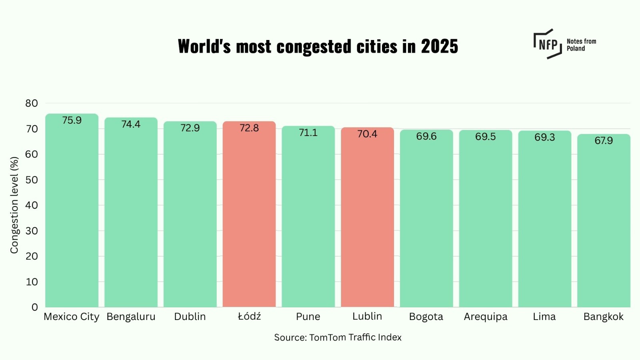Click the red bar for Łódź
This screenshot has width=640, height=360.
click(x=249, y=216)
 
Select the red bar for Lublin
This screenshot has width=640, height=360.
click(x=367, y=218)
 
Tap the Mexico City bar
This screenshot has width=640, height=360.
click(x=72, y=212)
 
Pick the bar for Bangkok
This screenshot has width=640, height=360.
click(x=604, y=222)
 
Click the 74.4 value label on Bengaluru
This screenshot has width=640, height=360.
click(x=131, y=124)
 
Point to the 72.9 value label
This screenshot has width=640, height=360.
click(x=190, y=128)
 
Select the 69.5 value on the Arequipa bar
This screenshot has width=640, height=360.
click(x=485, y=137)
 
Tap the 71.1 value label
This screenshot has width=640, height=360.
click(x=308, y=133)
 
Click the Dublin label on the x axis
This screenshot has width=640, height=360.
click(x=190, y=317)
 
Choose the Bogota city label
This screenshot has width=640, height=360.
click(x=426, y=317)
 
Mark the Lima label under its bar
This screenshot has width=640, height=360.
click(x=544, y=317)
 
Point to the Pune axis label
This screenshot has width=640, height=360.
click(x=308, y=317)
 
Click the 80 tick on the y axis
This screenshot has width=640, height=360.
click(x=32, y=103)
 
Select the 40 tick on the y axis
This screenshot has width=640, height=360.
click(x=32, y=205)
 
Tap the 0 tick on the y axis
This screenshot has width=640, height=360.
click(x=35, y=307)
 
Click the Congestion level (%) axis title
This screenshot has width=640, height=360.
click(x=14, y=205)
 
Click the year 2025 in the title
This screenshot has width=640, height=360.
click(x=439, y=46)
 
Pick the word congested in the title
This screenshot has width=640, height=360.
click(x=314, y=47)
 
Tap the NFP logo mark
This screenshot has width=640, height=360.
click(x=548, y=44)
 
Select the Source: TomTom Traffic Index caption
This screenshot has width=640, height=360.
click(x=338, y=338)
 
